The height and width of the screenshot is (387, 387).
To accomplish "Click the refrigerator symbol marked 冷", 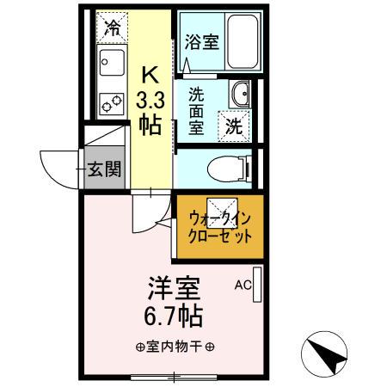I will (x=110, y=27).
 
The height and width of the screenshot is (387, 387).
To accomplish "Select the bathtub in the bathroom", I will (x=235, y=41).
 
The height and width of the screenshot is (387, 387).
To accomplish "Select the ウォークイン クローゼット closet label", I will (x=219, y=226).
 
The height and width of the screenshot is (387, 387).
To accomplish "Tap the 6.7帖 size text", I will (x=171, y=316).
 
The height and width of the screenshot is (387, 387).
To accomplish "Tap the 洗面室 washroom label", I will (x=196, y=109).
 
